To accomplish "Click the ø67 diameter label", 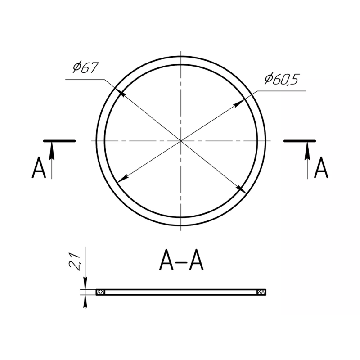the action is [85, 68].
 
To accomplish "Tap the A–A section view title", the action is [181, 260].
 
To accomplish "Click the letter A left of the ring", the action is [39, 167].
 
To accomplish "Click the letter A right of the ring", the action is [321, 167].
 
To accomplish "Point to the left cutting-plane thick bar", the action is [59, 141].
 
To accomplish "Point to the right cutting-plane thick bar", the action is [300, 141].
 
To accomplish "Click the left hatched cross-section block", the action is [100, 292].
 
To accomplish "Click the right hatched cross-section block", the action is [261, 292].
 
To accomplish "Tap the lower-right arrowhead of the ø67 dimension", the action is [242, 189].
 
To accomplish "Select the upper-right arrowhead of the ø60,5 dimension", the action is [239, 103].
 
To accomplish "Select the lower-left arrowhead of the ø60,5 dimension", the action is [123, 178].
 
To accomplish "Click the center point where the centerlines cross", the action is [181, 141].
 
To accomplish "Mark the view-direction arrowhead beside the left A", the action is [52, 151].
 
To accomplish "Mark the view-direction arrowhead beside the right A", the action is [307, 151].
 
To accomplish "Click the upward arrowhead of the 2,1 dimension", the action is [85, 301].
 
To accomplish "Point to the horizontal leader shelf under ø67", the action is [85, 80].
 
